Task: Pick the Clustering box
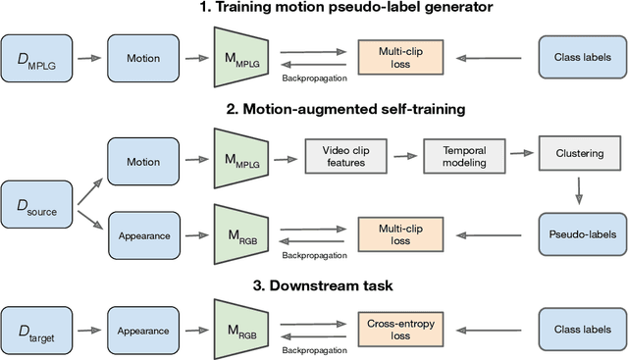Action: coord(579,154)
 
